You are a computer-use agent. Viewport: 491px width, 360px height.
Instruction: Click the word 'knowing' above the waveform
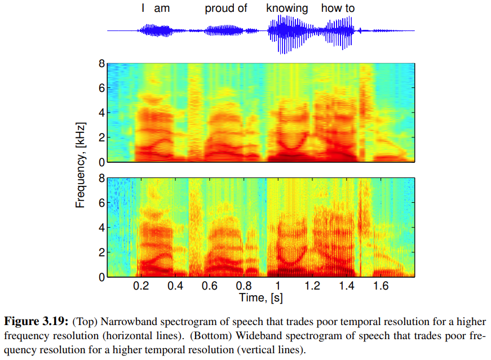(287, 8)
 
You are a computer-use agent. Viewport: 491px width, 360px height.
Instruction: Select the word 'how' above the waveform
(332, 8)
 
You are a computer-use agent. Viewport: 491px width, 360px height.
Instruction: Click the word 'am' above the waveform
(162, 8)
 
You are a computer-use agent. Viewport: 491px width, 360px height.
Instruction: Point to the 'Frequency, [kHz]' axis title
(80, 164)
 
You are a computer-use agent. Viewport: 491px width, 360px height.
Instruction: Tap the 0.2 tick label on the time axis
(141, 286)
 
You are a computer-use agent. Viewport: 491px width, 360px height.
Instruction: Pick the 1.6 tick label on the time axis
(381, 286)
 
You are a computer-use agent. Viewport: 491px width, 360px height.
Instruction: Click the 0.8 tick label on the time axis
(244, 286)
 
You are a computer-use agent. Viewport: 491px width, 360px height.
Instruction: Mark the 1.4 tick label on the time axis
(346, 286)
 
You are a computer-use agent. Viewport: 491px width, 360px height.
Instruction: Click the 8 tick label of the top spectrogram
(101, 64)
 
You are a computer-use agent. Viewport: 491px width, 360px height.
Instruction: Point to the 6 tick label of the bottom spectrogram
(101, 203)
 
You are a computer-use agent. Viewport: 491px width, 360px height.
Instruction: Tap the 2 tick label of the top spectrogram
(101, 137)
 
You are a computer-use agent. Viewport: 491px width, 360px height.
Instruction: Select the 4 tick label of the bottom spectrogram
(101, 228)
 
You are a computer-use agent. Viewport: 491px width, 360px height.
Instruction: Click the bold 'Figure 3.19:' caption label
(36, 322)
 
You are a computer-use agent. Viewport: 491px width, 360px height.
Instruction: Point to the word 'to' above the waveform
(350, 8)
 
